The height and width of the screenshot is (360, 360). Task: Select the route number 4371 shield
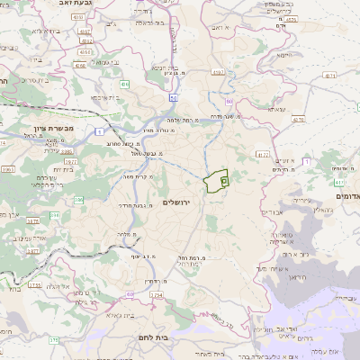click(x=328, y=76)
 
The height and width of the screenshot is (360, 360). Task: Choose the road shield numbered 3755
click(x=35, y=285)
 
